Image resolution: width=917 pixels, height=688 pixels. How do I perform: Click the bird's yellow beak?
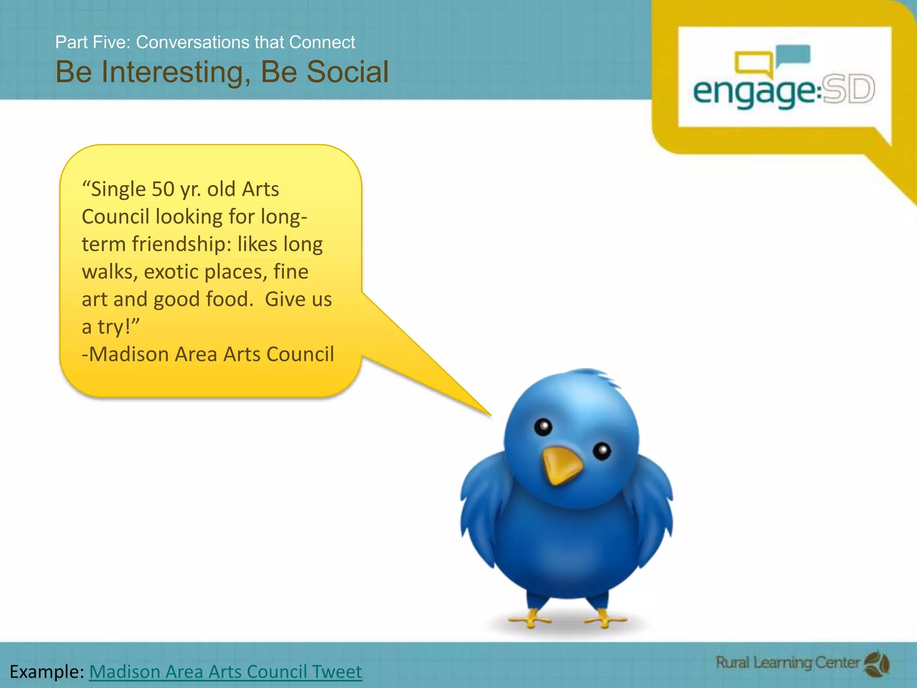[561, 465]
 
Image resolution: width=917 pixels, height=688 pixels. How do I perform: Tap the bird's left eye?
[543, 427]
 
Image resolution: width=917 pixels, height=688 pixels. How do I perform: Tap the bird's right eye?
[602, 450]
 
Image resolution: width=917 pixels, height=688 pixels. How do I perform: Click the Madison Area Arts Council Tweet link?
[225, 671]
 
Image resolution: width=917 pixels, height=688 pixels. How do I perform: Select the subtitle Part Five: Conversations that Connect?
[205, 42]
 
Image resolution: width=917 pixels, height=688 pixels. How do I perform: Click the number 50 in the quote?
[163, 189]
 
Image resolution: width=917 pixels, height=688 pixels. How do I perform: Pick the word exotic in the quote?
[171, 272]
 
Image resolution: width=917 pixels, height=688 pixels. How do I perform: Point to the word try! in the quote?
[118, 327]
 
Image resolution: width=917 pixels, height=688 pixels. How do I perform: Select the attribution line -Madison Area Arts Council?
[208, 354]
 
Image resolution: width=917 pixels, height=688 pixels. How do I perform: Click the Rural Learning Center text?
[787, 662]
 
